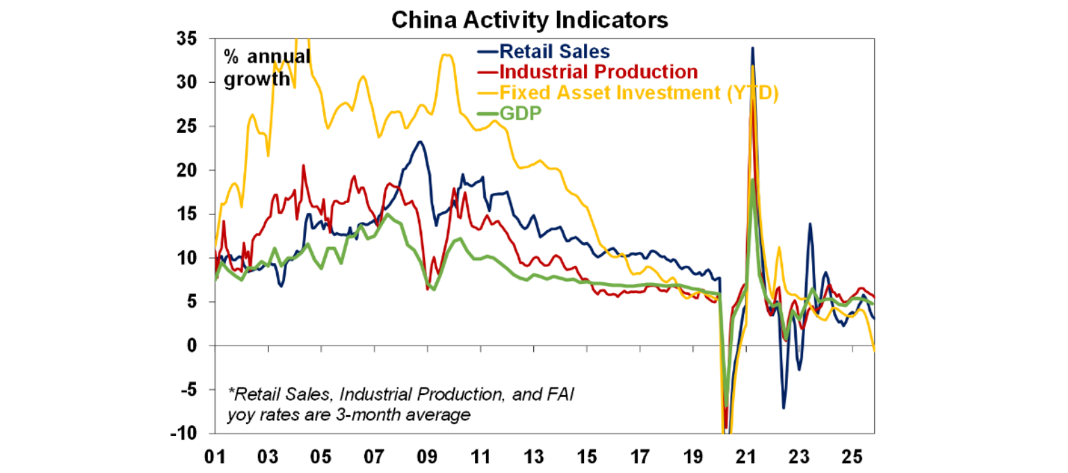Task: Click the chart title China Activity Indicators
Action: click(529, 19)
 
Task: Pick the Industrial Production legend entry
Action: click(597, 72)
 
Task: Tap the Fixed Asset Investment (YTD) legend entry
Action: click(638, 92)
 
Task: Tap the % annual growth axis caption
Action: click(266, 68)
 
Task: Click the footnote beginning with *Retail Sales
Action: click(401, 405)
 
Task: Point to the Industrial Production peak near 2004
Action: click(303, 166)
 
